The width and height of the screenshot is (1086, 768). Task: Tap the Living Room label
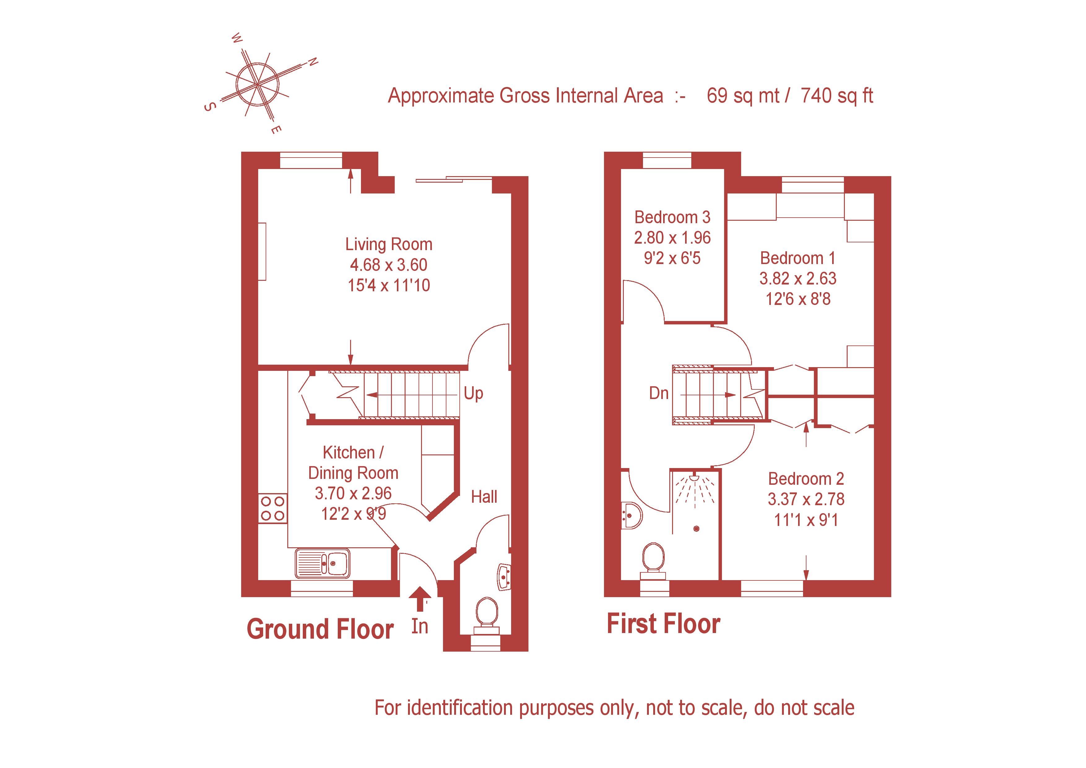tap(389, 245)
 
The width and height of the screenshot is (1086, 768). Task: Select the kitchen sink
tap(323, 563)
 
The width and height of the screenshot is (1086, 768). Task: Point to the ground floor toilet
tap(486, 617)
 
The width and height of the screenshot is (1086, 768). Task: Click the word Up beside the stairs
tap(473, 393)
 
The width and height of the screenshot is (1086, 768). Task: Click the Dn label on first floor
tap(659, 393)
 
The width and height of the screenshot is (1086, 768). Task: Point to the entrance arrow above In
tap(419, 600)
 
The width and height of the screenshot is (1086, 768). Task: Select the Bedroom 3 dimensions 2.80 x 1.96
tap(672, 237)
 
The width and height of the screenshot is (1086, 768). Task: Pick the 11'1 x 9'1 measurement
tap(806, 520)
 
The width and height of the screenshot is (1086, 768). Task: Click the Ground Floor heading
tap(320, 629)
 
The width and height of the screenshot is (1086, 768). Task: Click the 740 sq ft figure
tap(837, 96)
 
